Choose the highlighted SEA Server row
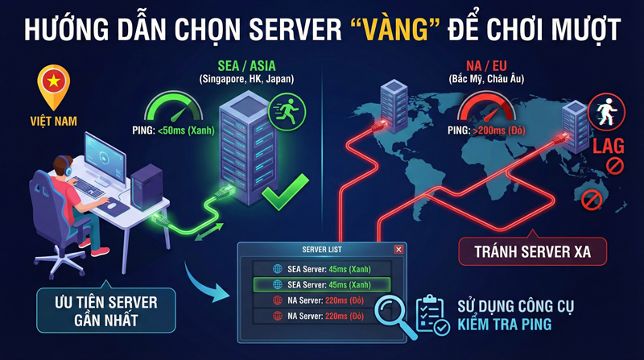(322, 284)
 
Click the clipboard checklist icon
(432, 315)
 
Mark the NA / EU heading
(487, 65)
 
